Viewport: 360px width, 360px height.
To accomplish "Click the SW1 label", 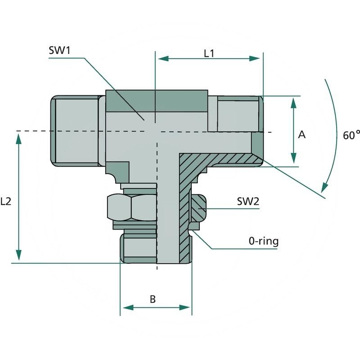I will [x=60, y=50].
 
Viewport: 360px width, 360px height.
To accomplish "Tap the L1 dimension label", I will [x=209, y=53].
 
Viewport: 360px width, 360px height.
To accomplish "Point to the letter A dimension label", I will [x=302, y=135].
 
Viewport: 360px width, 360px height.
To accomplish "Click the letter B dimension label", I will [x=153, y=299].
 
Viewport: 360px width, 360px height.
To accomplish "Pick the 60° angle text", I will [x=351, y=135].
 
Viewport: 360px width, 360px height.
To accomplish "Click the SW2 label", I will [x=248, y=201].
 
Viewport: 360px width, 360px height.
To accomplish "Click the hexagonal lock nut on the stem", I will [x=132, y=207].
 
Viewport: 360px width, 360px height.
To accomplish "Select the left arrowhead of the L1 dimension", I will [x=161, y=58].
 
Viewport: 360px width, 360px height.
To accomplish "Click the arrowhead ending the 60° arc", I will [x=324, y=187].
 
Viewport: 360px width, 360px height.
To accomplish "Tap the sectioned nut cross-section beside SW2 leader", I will [x=198, y=208].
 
